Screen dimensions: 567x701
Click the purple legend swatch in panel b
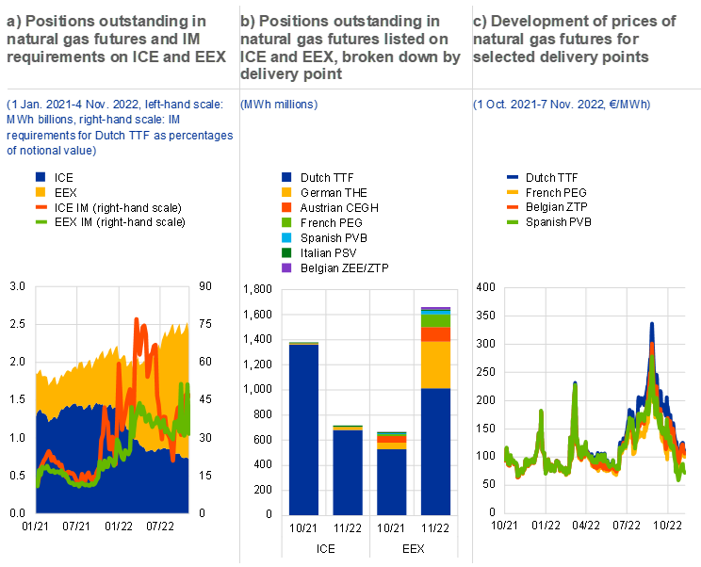click(286, 268)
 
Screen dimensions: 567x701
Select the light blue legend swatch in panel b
click(286, 238)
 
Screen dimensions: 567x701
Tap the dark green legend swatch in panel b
click(286, 253)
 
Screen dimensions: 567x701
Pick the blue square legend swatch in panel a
click(41, 176)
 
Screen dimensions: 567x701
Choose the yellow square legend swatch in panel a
click(41, 191)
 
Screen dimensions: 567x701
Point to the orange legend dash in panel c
click(513, 206)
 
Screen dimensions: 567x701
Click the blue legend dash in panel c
click(513, 176)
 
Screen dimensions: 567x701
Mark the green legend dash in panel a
click(41, 221)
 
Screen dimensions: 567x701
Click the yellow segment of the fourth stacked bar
click(435, 364)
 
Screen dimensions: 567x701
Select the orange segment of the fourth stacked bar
click(435, 334)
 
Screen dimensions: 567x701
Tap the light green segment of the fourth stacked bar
click(435, 320)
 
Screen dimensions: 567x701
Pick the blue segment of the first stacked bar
click(303, 429)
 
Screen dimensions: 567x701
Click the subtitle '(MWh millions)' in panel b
click(279, 104)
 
